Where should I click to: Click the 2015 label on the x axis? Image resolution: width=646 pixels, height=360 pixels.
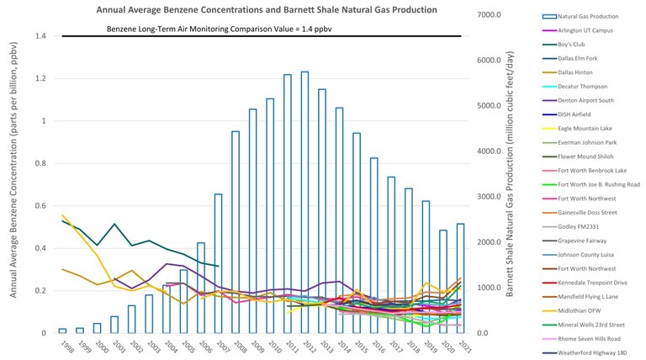pyautogui.click(x=357, y=347)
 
